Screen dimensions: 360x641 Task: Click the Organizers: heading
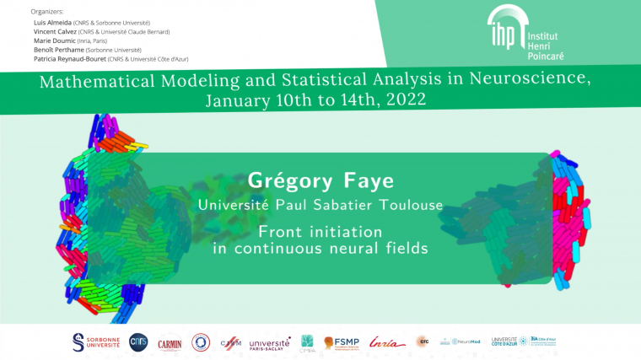[46, 11]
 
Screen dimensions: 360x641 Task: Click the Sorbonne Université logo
[95, 341]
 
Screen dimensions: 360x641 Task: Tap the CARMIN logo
[170, 342]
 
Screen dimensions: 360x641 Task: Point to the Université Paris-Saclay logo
[270, 342]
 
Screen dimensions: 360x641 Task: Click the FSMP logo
[341, 342]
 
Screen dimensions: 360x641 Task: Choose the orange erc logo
[422, 341]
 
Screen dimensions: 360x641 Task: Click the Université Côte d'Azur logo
[504, 341]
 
